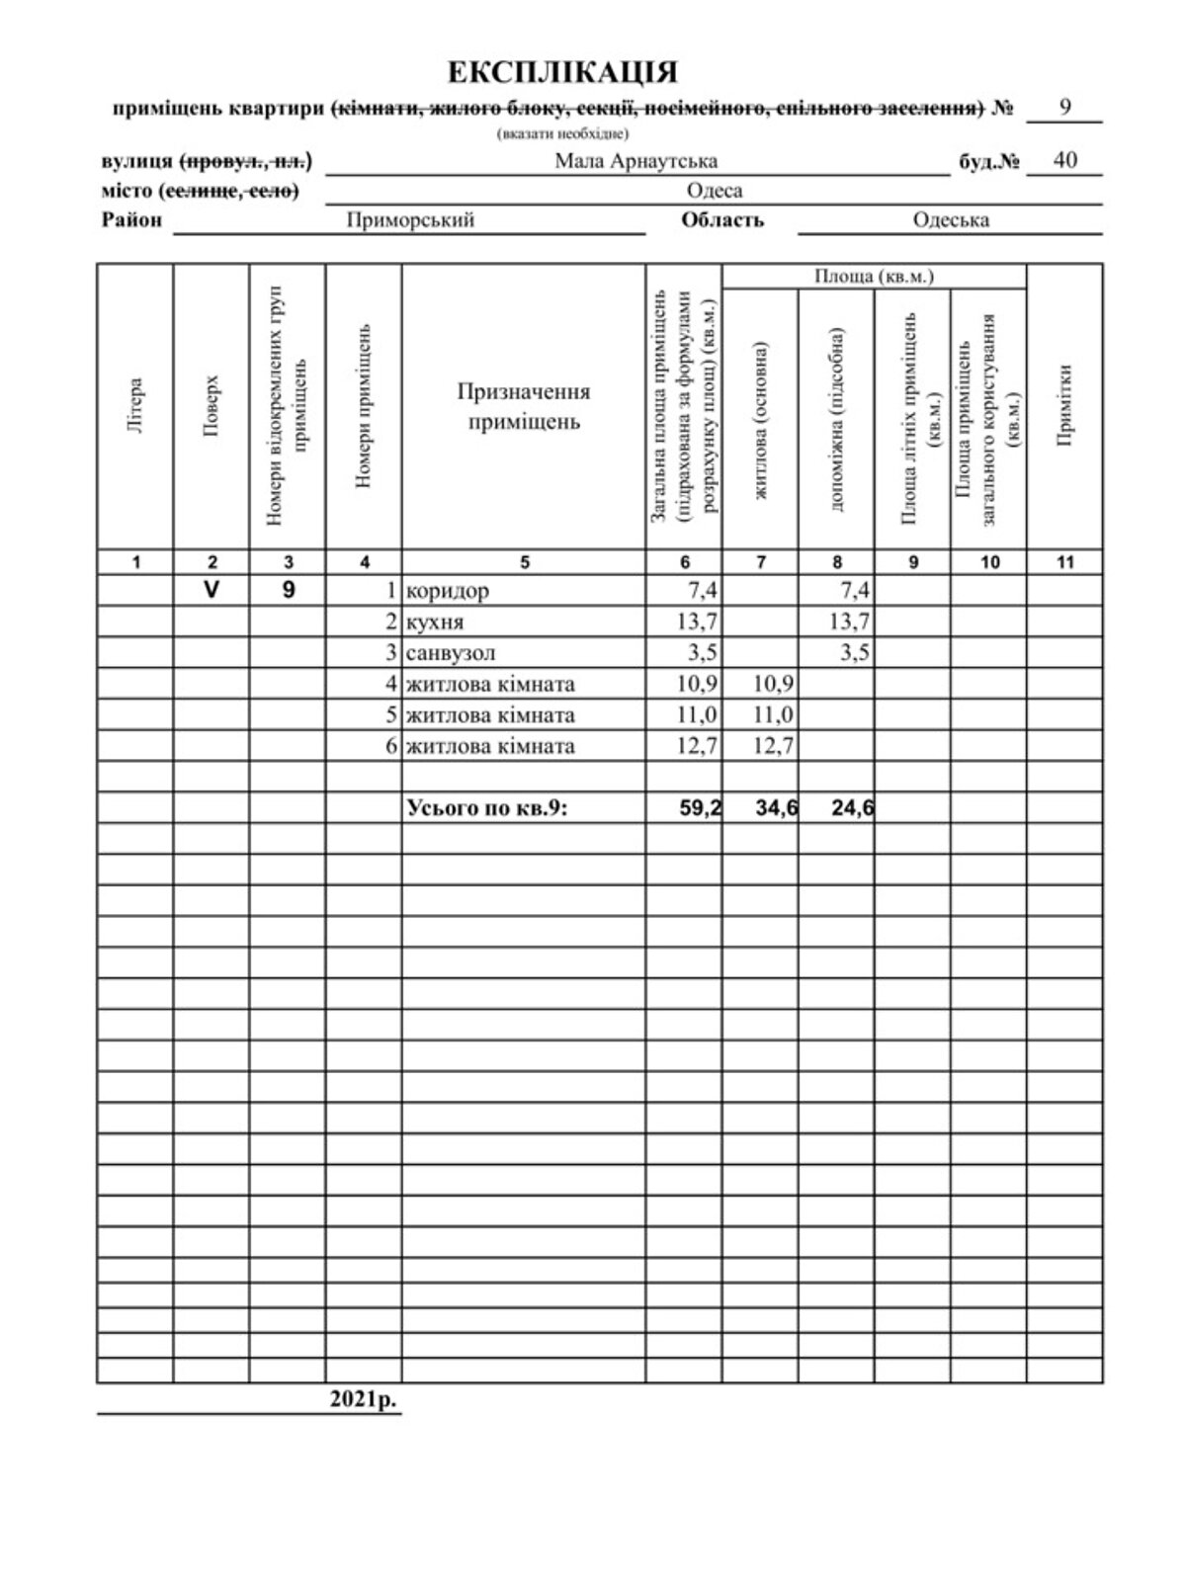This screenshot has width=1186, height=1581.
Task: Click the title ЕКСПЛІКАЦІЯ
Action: click(x=562, y=73)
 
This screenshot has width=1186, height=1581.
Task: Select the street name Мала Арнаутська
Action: click(x=635, y=161)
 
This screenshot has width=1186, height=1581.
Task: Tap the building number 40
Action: click(x=1064, y=160)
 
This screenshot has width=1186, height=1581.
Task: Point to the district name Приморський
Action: click(x=410, y=219)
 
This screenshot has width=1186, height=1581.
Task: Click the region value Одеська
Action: click(x=951, y=219)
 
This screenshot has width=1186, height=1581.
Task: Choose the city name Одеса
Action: click(x=714, y=190)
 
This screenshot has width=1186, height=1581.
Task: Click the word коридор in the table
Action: click(x=448, y=591)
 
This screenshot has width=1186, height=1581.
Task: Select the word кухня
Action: click(x=435, y=623)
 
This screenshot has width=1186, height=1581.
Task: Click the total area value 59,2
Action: click(x=699, y=808)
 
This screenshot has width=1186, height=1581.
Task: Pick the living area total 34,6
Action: click(x=776, y=808)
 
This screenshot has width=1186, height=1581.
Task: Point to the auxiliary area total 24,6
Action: click(x=852, y=808)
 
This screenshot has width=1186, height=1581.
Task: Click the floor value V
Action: click(x=211, y=590)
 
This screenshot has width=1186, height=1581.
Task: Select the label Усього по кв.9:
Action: click(x=488, y=808)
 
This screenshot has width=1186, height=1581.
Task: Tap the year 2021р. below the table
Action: click(x=362, y=1398)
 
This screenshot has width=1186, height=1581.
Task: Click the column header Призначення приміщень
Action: click(x=524, y=406)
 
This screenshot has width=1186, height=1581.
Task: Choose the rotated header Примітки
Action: click(x=1064, y=405)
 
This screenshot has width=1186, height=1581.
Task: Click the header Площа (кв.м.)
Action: click(x=874, y=277)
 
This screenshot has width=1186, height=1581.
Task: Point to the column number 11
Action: click(x=1064, y=562)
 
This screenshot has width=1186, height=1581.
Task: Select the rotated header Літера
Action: click(x=135, y=406)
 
